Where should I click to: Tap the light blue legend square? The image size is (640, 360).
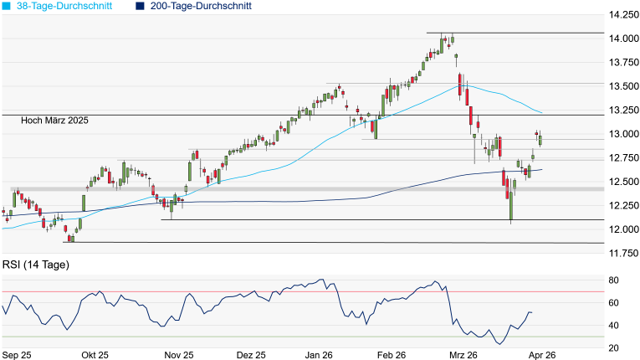point(7,6)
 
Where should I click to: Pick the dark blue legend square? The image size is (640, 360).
point(141,6)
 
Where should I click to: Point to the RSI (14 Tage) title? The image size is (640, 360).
point(35,265)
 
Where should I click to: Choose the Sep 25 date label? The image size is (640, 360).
point(17,355)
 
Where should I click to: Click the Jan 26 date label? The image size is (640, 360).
point(317,355)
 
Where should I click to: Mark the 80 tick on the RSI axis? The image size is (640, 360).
point(613,280)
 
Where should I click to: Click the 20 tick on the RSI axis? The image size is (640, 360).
point(613,348)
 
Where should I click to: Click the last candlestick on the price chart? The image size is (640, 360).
point(540,139)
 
